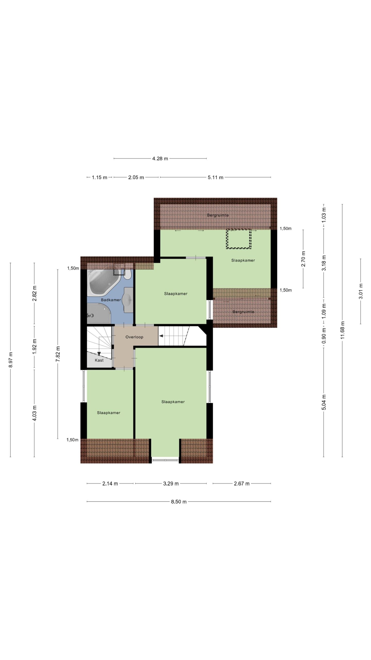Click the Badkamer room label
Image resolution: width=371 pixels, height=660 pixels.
click(111, 300)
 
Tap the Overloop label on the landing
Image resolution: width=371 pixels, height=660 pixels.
click(134, 337)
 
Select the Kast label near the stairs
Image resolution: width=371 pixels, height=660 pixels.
click(99, 360)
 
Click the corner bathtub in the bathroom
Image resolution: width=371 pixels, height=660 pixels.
click(103, 282)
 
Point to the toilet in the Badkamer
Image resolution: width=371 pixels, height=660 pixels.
click(128, 274)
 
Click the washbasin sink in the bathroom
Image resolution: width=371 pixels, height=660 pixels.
click(128, 300)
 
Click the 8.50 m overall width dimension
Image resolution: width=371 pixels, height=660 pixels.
click(179, 501)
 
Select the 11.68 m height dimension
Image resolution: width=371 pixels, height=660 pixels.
click(342, 330)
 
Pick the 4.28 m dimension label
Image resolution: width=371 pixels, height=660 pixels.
click(160, 159)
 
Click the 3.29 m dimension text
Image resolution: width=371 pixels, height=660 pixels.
click(171, 483)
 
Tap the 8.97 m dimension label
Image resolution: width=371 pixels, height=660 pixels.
click(11, 360)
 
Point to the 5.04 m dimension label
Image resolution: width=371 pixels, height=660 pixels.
click(324, 402)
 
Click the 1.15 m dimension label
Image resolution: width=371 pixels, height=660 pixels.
click(99, 177)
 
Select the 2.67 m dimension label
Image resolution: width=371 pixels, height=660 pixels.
click(242, 483)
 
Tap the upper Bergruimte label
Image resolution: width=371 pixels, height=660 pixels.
click(218, 215)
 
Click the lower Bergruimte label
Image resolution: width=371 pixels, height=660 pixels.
click(243, 312)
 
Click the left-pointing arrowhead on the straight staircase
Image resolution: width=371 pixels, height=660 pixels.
click(161, 336)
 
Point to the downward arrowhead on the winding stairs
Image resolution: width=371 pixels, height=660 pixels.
click(99, 354)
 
